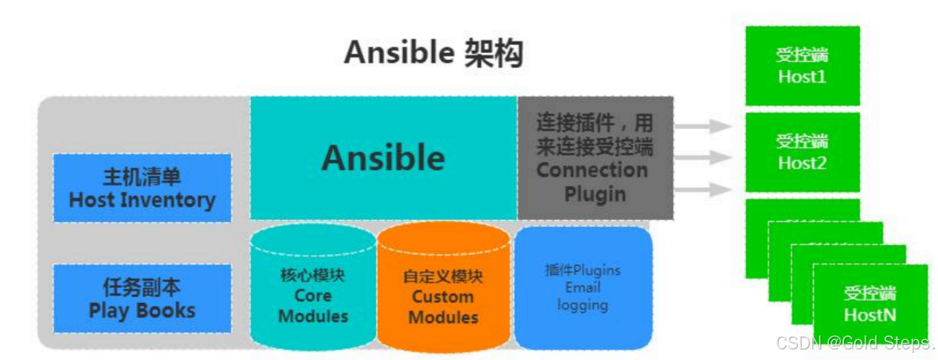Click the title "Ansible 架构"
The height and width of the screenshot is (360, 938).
click(x=433, y=52)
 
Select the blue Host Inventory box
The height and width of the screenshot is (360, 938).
click(x=142, y=188)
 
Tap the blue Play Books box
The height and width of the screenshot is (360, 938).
click(x=142, y=298)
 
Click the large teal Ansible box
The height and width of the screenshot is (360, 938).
click(x=383, y=157)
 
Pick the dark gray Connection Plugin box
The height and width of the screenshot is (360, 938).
click(x=595, y=157)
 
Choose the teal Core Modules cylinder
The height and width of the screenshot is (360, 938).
click(x=313, y=291)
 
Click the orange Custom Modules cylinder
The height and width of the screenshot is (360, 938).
click(x=443, y=291)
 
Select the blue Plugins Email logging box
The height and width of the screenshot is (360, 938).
click(x=583, y=288)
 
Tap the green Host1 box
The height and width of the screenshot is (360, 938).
click(x=802, y=66)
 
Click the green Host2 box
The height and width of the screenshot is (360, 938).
click(x=802, y=152)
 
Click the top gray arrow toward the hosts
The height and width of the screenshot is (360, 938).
click(x=703, y=126)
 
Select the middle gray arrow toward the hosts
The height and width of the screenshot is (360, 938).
click(x=703, y=157)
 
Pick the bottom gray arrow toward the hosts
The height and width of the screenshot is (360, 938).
click(x=703, y=189)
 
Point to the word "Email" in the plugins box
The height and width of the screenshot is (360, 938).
click(x=583, y=288)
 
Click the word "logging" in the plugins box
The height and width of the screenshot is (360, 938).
click(x=582, y=305)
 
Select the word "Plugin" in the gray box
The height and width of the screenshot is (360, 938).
click(x=595, y=195)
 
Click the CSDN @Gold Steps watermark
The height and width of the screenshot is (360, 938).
click(x=855, y=343)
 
